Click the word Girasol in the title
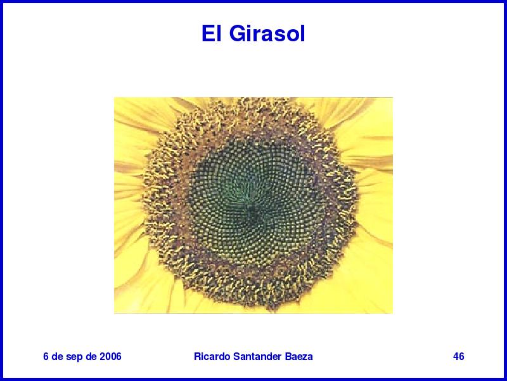(267, 34)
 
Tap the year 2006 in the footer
(110, 356)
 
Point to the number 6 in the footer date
(46, 356)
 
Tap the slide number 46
(458, 356)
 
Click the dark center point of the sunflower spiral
(250, 208)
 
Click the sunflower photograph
(253, 205)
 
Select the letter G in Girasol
(238, 34)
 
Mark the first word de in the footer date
(57, 356)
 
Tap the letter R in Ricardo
(197, 356)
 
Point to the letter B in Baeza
(288, 356)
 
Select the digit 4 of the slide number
(456, 356)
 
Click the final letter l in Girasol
(303, 34)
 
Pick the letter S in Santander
(236, 356)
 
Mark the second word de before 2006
(91, 356)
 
